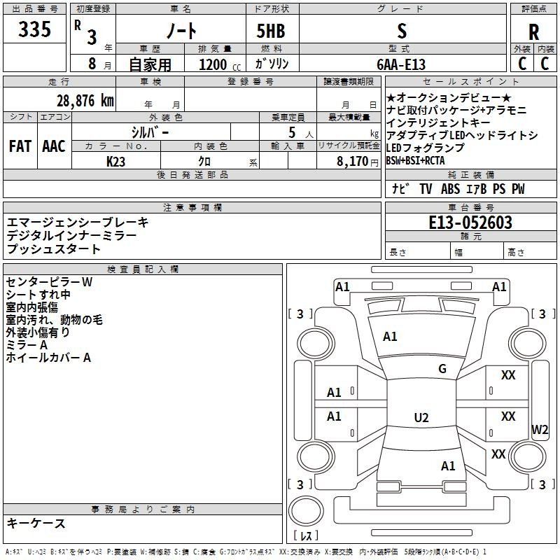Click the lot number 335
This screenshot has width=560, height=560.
pyautogui.click(x=35, y=29)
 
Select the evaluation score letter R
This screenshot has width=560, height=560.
pyautogui.click(x=533, y=32)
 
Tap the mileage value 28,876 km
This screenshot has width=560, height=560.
pyautogui.click(x=84, y=100)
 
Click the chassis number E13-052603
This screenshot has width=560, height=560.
pyautogui.click(x=470, y=223)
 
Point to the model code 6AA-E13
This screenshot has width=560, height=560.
pyautogui.click(x=400, y=64)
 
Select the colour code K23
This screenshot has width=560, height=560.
pyautogui.click(x=116, y=161)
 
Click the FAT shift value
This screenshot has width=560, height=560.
pyautogui.click(x=20, y=146)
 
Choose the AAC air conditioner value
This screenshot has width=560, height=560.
pyautogui.click(x=54, y=146)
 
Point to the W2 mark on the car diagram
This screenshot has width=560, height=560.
pyautogui.click(x=540, y=429)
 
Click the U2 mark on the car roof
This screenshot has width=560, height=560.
pyautogui.click(x=421, y=418)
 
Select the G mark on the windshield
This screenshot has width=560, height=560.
pyautogui.click(x=442, y=369)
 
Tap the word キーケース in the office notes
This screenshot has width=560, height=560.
pyautogui.click(x=36, y=523)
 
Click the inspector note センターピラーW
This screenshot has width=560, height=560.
pyautogui.click(x=49, y=282)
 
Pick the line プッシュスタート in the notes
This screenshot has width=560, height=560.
pyautogui.click(x=54, y=248)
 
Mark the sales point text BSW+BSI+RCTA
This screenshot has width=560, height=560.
pyautogui.click(x=415, y=160)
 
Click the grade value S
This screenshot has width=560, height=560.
pyautogui.click(x=401, y=31)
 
